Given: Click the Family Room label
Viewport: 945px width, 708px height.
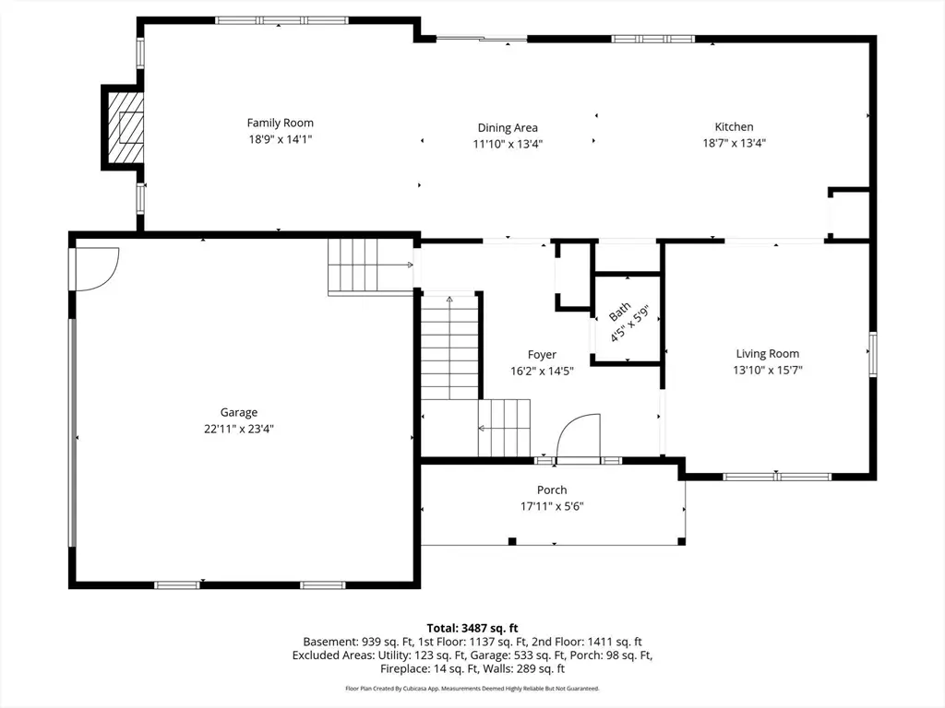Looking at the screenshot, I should [280, 123].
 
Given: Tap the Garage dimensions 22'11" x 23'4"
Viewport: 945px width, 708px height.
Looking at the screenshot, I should [239, 428].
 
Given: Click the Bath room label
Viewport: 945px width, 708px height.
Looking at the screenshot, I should [619, 312].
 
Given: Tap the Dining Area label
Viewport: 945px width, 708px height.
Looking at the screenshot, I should [508, 128].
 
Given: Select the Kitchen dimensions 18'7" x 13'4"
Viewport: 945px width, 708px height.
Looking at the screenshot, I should [735, 143].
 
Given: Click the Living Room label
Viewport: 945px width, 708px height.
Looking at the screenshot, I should [767, 353].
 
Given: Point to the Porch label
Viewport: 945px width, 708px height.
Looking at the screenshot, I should [552, 490].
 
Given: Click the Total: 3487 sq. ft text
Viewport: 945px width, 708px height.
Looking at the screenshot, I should [472, 628].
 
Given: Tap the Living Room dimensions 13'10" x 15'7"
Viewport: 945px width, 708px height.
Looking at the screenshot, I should [767, 370].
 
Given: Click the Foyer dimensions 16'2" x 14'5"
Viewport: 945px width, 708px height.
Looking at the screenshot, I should [542, 371].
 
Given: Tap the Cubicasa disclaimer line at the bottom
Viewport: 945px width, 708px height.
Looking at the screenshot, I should [472, 688].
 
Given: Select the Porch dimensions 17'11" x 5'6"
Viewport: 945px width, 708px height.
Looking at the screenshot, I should [552, 506].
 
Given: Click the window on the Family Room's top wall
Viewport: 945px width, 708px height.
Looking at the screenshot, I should [281, 19].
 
